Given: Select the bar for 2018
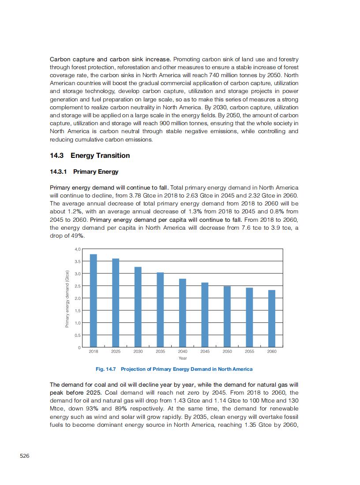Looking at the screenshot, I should point(94,301).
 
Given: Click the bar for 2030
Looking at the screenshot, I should point(138,307).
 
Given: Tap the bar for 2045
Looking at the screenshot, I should point(205,315).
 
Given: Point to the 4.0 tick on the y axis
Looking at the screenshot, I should point(78,249).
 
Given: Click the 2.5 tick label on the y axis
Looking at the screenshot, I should point(78,286).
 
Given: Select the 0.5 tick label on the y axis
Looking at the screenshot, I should point(78,336).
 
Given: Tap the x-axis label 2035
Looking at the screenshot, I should point(160,351).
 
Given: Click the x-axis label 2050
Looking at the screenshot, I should point(227,351).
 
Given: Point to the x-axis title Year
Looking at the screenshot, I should point(183,358).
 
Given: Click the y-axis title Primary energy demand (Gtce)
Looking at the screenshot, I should point(67,298).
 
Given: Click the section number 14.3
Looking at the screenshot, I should point(57,156).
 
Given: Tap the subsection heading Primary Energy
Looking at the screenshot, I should point(96,172).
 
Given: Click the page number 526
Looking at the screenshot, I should point(25,456).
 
